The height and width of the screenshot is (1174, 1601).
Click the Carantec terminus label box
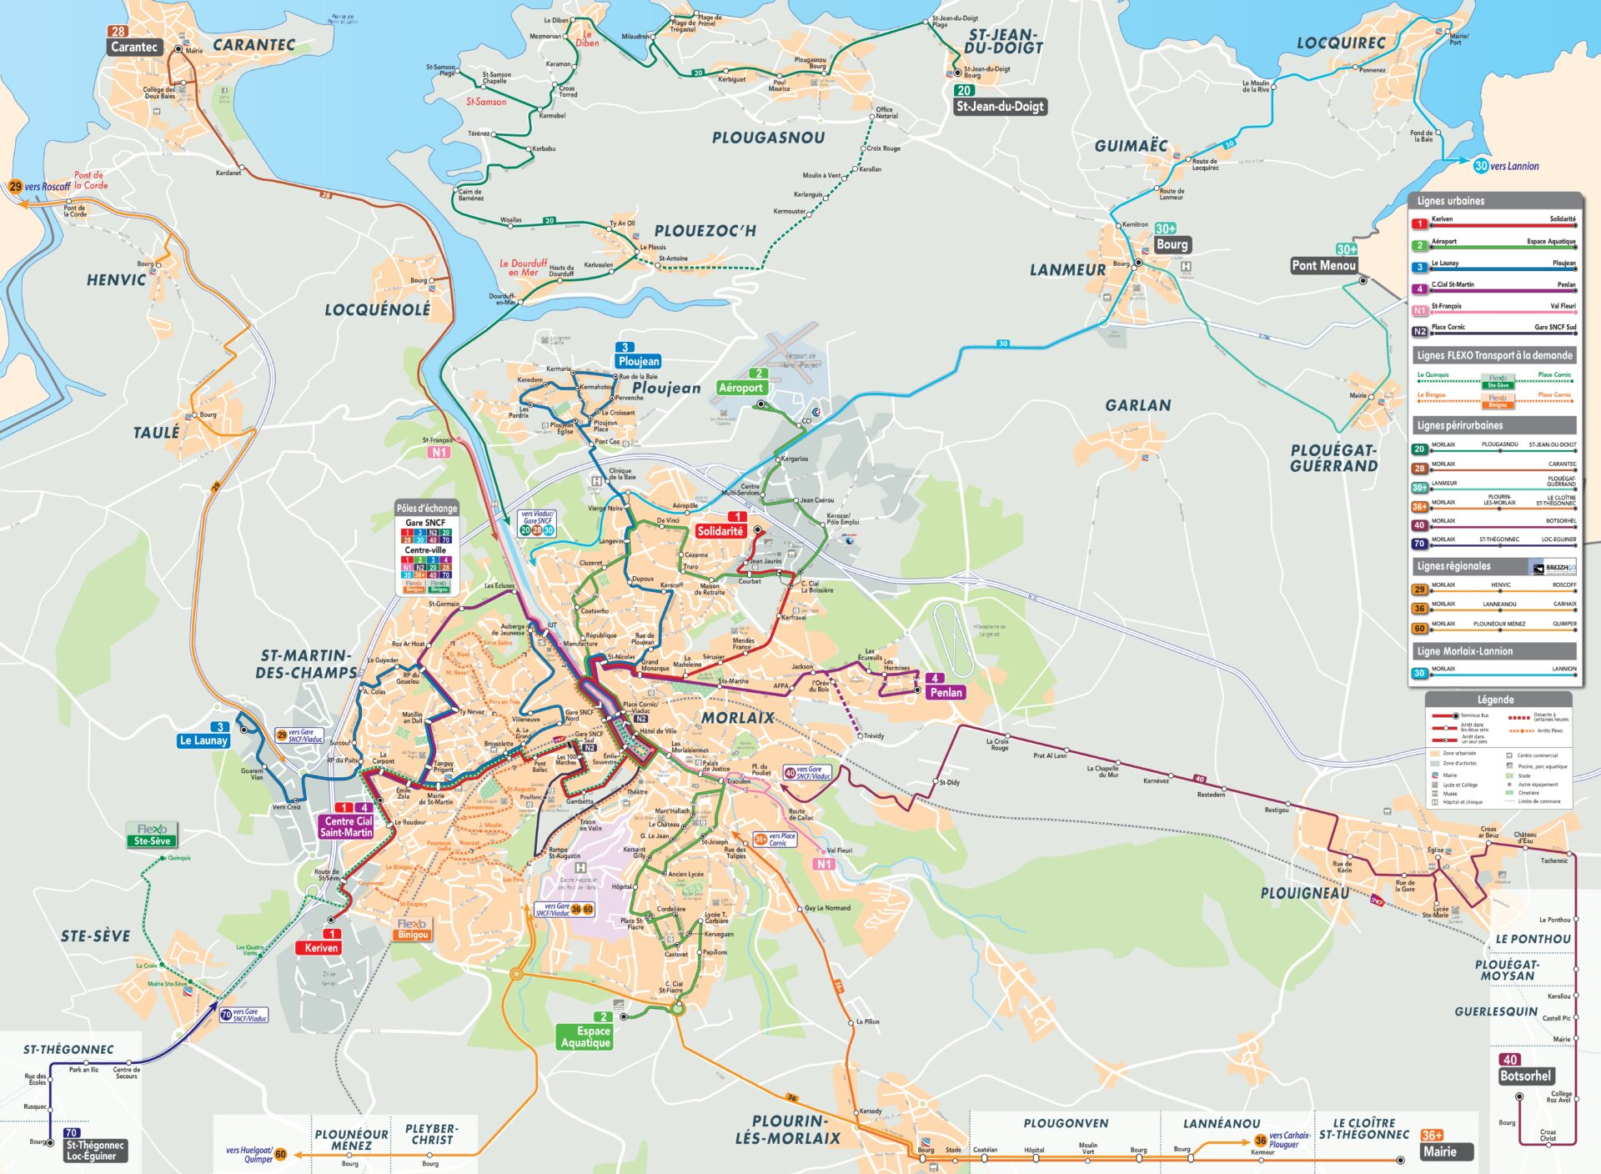pyautogui.click(x=134, y=48)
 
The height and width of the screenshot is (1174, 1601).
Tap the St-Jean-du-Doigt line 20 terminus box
pyautogui.click(x=1000, y=106)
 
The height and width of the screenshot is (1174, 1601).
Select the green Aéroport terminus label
pyautogui.click(x=740, y=388)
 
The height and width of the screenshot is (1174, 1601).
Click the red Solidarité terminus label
pyautogui.click(x=720, y=531)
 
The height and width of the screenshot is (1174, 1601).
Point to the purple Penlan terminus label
pyautogui.click(x=946, y=692)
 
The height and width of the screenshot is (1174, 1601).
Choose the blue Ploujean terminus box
pyautogui.click(x=639, y=361)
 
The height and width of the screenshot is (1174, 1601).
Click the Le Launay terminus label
pyautogui.click(x=203, y=740)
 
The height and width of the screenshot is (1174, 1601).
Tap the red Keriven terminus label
pyautogui.click(x=321, y=948)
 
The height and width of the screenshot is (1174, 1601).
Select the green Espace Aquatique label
pyautogui.click(x=585, y=1036)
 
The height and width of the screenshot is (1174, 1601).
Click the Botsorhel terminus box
pyautogui.click(x=1525, y=1076)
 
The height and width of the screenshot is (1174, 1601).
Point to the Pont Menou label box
pyautogui.click(x=1323, y=265)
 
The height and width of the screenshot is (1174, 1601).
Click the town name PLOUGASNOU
pyautogui.click(x=768, y=138)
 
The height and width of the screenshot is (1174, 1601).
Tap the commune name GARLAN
pyautogui.click(x=1137, y=405)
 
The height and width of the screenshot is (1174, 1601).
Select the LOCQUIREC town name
pyautogui.click(x=1340, y=43)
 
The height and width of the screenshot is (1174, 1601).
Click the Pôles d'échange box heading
pyautogui.click(x=426, y=508)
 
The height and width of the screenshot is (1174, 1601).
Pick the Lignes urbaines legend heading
pyautogui.click(x=1451, y=201)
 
